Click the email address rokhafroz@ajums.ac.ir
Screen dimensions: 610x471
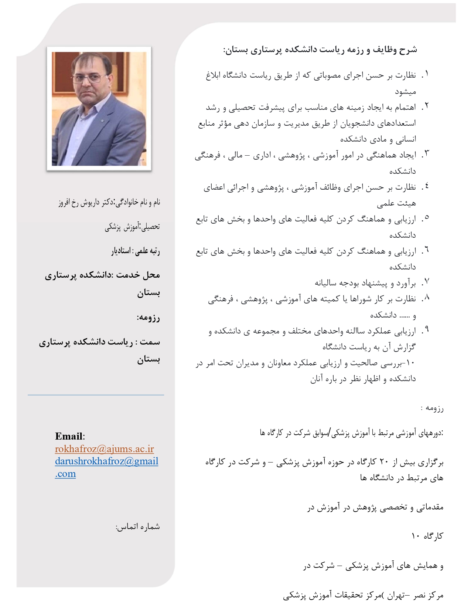(104, 449)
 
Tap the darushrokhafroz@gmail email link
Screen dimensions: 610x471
(106, 461)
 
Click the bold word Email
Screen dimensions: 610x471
(69, 436)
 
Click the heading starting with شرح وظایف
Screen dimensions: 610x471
(320, 50)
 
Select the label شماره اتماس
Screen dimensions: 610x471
(138, 527)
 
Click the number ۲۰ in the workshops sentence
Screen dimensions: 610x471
(384, 462)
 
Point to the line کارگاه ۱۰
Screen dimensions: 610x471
(427, 536)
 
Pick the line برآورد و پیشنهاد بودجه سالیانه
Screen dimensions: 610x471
(365, 283)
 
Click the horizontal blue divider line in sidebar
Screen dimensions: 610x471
(96, 395)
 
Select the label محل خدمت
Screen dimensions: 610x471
(144, 275)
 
